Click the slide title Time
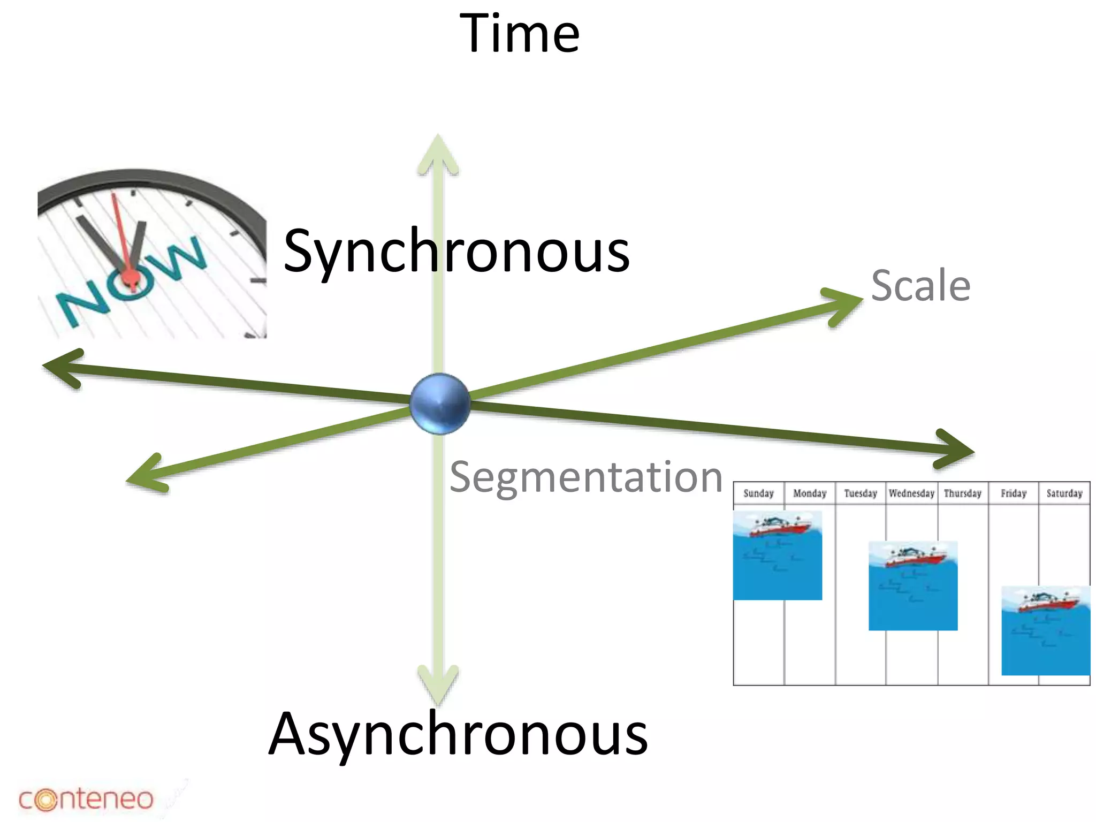coord(519,33)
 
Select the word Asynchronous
coord(458,734)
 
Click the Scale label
coord(920,286)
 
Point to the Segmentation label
coord(586,477)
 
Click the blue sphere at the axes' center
coord(439,403)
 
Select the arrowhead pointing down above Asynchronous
coord(438,685)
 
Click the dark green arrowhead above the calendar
coord(955,450)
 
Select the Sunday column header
coord(758,493)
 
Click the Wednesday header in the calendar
coord(911,493)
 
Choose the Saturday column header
coord(1064,493)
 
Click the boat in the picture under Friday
coord(1046,602)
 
